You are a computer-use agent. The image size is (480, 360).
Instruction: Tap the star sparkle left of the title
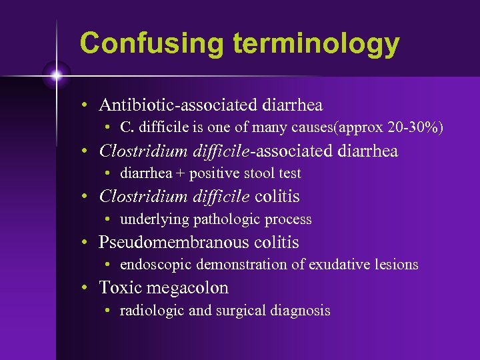(57, 75)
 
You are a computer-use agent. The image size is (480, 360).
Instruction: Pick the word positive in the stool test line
(209, 173)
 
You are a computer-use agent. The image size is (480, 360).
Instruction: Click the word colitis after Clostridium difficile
(277, 197)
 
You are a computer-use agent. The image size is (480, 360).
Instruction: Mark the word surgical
(239, 311)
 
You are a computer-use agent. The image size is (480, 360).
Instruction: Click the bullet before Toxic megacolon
(86, 289)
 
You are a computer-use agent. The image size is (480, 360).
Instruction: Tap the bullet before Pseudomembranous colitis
(86, 243)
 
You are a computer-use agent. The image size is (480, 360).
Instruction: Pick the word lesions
(397, 265)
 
